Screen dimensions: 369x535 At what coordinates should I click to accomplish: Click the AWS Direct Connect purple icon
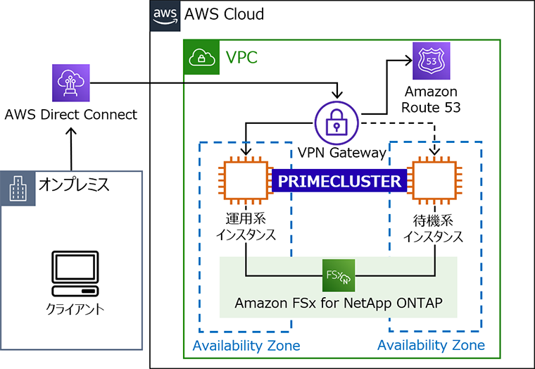(x=71, y=83)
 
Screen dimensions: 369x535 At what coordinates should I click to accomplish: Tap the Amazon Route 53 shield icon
(x=430, y=62)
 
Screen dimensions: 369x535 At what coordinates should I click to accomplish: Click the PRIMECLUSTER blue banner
(x=340, y=181)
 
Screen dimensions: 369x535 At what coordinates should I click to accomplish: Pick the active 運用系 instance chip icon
(x=245, y=181)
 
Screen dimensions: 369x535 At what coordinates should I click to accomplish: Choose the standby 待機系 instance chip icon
(x=434, y=181)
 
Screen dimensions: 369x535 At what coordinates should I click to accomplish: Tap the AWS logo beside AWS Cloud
(x=164, y=15)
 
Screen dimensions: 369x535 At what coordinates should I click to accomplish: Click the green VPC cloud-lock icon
(x=201, y=56)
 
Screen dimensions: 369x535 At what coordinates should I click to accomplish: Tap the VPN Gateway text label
(x=342, y=152)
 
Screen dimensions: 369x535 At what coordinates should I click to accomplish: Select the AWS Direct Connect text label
(x=71, y=114)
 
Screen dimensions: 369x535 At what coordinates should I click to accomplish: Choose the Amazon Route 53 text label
(x=430, y=99)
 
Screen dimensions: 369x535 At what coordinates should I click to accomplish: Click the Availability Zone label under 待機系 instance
(x=431, y=345)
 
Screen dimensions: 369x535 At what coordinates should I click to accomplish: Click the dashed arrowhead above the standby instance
(x=435, y=150)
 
